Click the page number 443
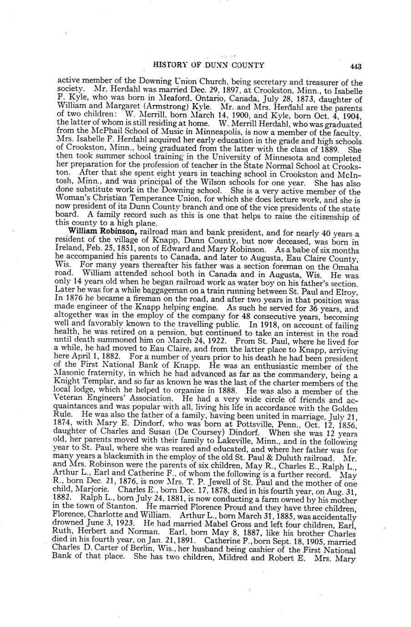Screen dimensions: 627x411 coord(355,66)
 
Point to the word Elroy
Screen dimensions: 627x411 coord(350,289)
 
